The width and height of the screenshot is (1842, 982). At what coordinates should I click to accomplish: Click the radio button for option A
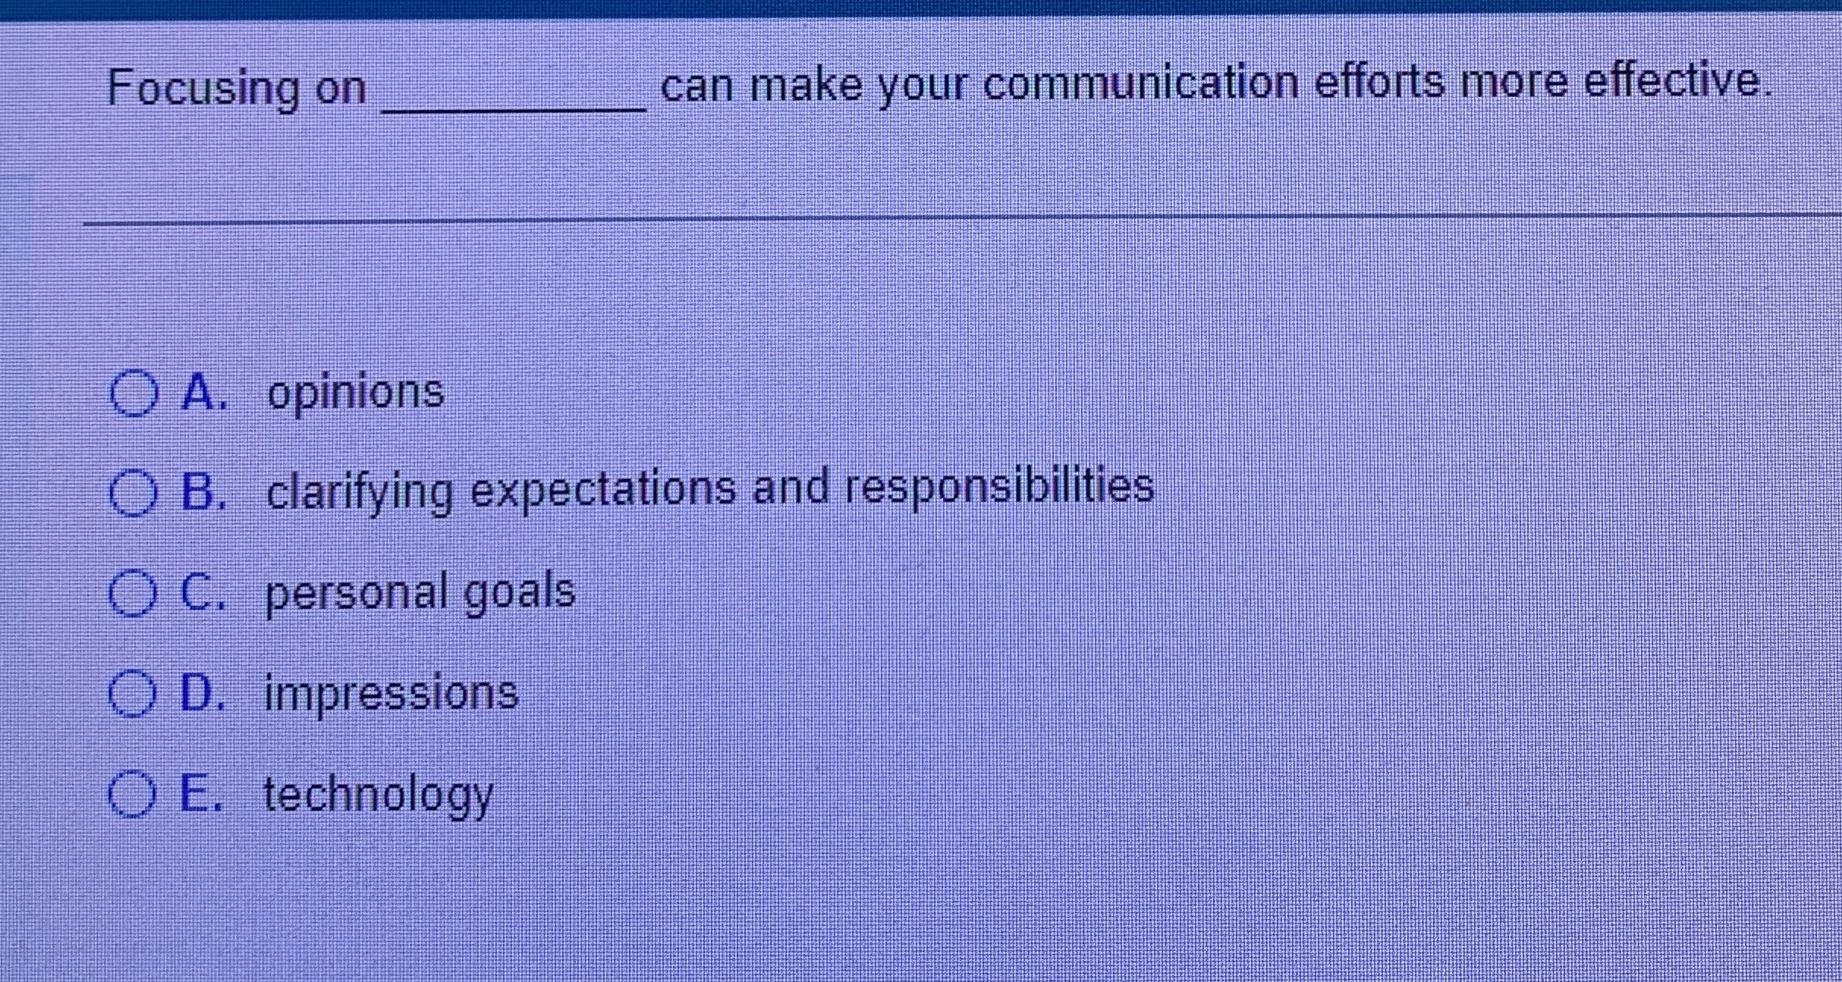tap(134, 394)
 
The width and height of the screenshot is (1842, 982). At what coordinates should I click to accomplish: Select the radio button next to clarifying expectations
tap(134, 493)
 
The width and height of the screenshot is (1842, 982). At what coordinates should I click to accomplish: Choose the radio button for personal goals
tap(133, 593)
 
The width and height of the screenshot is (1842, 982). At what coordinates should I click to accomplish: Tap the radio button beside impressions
tap(132, 693)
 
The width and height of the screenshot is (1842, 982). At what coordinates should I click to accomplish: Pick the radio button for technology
tap(132, 794)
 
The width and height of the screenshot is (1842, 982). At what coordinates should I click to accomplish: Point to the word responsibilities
tap(999, 486)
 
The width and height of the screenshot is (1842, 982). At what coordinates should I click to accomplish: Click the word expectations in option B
tap(603, 490)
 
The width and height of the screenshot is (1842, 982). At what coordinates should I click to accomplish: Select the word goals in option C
tap(520, 591)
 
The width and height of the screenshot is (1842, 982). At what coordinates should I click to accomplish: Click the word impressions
tap(391, 693)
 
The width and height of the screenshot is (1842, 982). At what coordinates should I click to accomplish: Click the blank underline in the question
tap(514, 102)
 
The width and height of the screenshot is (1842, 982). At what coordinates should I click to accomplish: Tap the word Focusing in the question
tap(203, 88)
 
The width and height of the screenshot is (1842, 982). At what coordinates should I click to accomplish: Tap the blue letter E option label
tap(200, 793)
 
